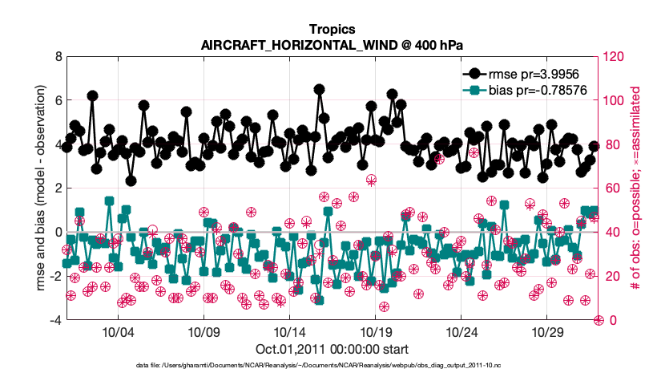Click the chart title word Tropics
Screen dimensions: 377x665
point(332,30)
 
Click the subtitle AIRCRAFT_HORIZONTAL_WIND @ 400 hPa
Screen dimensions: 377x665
point(332,45)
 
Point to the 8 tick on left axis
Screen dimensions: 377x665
point(56,57)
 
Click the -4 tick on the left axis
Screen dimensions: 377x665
point(54,320)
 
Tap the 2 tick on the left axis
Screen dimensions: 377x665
point(56,188)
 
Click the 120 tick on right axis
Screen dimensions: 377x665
point(615,57)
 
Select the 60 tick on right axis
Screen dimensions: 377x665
point(612,188)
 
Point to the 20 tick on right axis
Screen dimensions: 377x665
point(612,276)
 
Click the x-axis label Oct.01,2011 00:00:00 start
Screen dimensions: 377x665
point(332,349)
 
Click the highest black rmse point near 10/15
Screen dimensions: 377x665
point(319,89)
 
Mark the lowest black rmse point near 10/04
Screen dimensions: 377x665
point(131,180)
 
